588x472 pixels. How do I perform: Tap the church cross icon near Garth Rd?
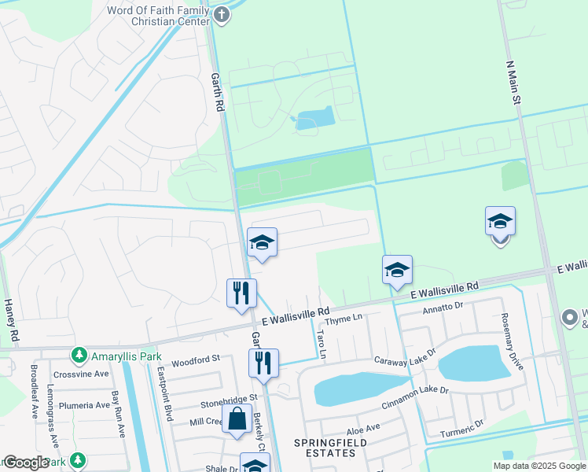point(222,14)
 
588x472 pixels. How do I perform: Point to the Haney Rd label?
point(11,319)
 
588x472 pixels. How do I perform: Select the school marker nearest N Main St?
point(500,223)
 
